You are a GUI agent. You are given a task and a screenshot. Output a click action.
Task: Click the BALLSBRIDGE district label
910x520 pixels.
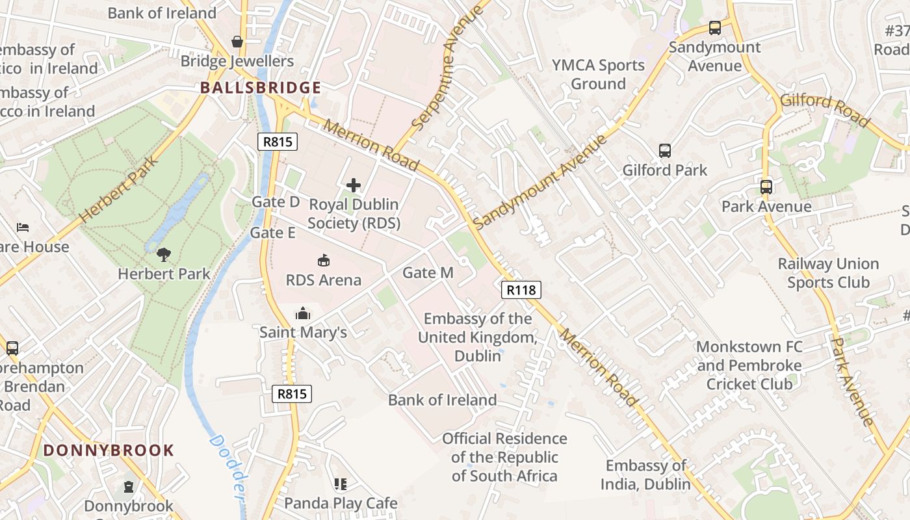point(260,88)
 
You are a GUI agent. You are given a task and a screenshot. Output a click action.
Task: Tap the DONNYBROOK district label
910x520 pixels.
point(109,450)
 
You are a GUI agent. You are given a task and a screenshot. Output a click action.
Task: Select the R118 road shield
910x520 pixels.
point(521,290)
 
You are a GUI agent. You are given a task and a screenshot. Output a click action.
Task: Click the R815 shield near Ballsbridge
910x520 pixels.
point(278,142)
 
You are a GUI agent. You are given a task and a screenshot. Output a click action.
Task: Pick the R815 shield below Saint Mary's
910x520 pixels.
point(292,393)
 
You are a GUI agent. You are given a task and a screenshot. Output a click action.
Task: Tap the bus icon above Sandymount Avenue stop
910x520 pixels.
point(715,28)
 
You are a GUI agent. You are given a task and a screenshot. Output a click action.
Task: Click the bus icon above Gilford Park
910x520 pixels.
point(665,151)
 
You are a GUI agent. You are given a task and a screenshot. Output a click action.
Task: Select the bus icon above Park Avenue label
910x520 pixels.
point(766,187)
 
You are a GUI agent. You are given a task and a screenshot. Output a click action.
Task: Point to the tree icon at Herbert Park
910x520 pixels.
point(164,254)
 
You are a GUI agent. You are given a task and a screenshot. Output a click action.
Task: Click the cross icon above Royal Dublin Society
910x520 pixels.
point(354,185)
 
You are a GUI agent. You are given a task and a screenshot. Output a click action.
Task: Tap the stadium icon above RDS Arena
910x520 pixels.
point(323,261)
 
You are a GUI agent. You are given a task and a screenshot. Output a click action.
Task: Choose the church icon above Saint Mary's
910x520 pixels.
point(303,314)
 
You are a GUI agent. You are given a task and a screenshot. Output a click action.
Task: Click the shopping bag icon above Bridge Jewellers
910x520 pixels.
point(237,42)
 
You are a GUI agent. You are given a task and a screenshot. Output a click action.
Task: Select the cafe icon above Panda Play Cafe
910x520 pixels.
point(341,484)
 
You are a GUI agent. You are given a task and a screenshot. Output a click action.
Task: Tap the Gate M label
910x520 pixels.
point(428,273)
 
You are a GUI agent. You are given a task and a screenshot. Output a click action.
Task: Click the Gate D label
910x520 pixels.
point(276,201)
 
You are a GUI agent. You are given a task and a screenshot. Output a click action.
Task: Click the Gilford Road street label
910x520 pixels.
point(824,109)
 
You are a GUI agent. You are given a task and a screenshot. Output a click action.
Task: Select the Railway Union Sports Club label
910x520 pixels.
point(828,273)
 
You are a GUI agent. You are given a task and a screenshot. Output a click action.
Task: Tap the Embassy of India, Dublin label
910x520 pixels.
point(645,475)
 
